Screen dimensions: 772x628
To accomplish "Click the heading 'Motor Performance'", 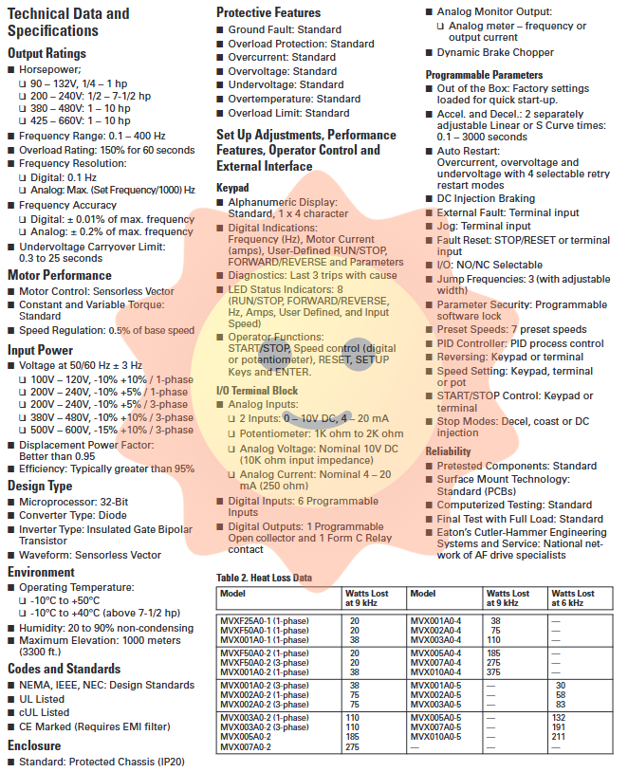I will [59, 275].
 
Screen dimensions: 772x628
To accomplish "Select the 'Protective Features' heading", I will [269, 12].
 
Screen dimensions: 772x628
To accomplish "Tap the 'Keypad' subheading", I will [232, 188].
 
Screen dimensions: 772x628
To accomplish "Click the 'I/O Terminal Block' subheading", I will [257, 390].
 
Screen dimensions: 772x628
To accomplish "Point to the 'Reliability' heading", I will [448, 451].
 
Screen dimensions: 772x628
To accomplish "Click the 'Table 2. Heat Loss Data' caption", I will [264, 577].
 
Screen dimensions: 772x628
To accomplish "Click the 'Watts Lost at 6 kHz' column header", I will [573, 597].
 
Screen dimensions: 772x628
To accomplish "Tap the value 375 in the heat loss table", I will [494, 672].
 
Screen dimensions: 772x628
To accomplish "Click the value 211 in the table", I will [559, 737].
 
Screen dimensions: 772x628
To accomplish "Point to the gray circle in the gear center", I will [358, 355].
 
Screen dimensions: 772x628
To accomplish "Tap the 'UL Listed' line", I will [43, 699].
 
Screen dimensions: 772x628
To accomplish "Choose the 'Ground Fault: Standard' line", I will [284, 30].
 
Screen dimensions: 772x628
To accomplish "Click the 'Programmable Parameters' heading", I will [484, 74].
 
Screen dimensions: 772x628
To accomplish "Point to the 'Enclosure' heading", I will [34, 745].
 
